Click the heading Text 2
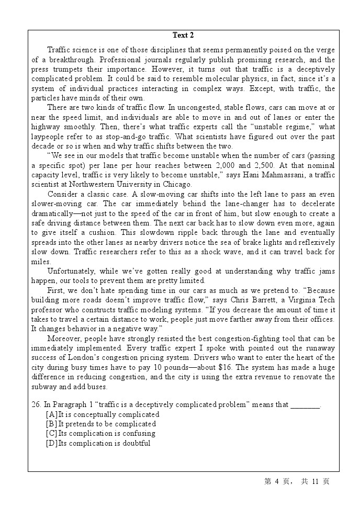point(183,36)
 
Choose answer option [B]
point(52,424)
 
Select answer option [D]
point(52,443)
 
